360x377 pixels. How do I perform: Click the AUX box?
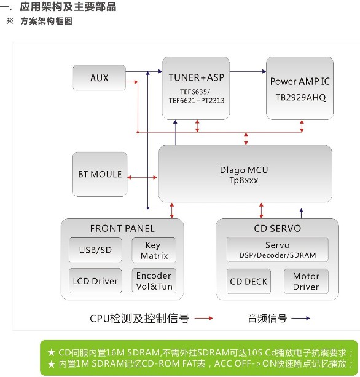click(x=99, y=78)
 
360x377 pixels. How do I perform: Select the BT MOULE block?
click(x=100, y=174)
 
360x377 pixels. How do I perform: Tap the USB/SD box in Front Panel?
click(x=95, y=250)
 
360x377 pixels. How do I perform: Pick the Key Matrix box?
click(x=154, y=250)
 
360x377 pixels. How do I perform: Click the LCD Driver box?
click(x=95, y=281)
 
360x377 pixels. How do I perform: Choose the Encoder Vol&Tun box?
click(x=154, y=281)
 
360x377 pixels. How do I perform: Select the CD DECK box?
click(x=249, y=281)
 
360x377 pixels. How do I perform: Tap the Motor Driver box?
click(x=306, y=281)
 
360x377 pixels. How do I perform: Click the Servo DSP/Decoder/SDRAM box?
click(x=278, y=250)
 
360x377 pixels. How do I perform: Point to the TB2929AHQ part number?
click(x=300, y=97)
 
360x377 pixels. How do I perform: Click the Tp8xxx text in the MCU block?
click(x=244, y=180)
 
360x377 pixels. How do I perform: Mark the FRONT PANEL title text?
click(x=122, y=228)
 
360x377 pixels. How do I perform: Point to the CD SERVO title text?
click(x=278, y=228)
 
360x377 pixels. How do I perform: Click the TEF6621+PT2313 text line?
click(x=197, y=100)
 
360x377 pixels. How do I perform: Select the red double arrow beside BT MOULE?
click(x=142, y=178)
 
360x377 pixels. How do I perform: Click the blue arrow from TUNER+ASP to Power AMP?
click(x=248, y=71)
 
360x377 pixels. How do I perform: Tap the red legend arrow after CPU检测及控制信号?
click(x=204, y=319)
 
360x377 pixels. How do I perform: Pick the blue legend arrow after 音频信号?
click(x=300, y=319)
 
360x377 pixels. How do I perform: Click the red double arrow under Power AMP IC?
click(x=302, y=126)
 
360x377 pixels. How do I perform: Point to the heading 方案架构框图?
click(x=46, y=21)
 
